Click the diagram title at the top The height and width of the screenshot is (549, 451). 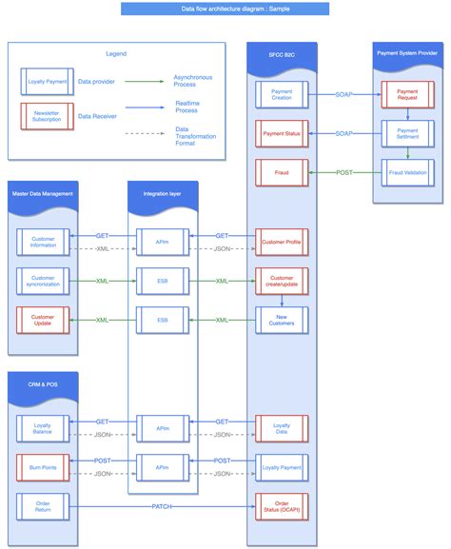tap(225, 9)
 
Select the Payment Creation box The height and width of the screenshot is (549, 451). tap(281, 95)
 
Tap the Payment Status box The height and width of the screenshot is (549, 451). tap(281, 134)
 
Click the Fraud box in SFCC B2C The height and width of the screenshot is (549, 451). tap(281, 172)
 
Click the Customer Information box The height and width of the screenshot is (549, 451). tap(43, 242)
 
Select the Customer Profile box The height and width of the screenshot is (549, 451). tap(281, 242)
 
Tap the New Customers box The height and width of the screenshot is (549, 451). tap(281, 320)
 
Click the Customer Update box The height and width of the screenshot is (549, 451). tap(43, 320)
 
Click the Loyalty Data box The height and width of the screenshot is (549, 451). tap(281, 428)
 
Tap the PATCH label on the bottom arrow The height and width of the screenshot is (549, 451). tap(162, 506)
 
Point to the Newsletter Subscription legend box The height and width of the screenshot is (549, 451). tap(46, 116)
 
